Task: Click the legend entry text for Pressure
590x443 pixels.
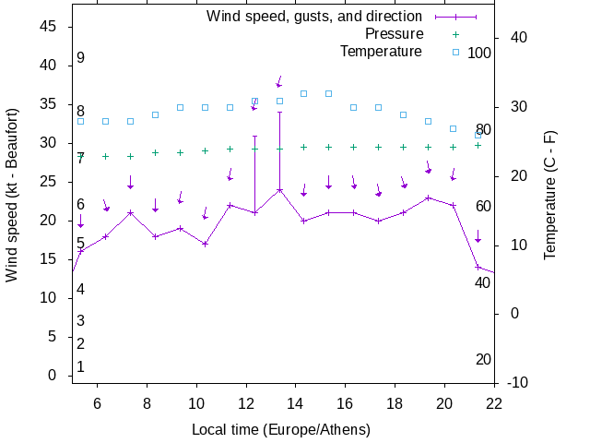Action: tap(394, 34)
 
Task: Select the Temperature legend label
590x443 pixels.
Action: tap(381, 52)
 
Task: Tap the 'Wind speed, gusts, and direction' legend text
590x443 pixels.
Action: tap(313, 17)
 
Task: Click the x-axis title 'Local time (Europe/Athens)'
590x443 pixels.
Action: tap(281, 430)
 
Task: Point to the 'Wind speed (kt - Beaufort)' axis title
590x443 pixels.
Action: tap(12, 205)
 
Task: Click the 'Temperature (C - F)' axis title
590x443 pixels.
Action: tap(550, 194)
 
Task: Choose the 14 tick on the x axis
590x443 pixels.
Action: tap(295, 402)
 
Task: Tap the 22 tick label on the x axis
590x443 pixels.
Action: tap(494, 402)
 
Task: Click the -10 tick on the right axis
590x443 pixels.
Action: tap(517, 382)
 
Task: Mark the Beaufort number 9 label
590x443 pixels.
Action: tap(81, 58)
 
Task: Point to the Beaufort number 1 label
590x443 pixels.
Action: tap(81, 367)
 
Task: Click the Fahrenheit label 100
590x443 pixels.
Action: tap(479, 53)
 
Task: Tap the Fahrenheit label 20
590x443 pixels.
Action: tap(483, 359)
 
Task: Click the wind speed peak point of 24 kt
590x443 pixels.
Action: tap(279, 190)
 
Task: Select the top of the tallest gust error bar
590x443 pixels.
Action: tap(279, 113)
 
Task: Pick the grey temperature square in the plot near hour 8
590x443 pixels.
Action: tap(155, 115)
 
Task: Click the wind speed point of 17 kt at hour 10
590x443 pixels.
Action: tap(205, 245)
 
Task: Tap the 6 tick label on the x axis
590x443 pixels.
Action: tap(97, 402)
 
